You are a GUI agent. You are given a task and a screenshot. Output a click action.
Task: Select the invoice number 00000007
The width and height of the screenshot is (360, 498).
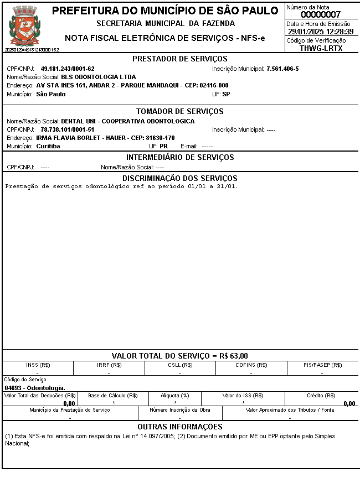click(321, 14)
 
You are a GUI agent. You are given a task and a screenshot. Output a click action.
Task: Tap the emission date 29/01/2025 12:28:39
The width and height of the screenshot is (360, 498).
click(321, 32)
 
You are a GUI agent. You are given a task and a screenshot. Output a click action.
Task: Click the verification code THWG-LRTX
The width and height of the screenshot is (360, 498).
click(321, 48)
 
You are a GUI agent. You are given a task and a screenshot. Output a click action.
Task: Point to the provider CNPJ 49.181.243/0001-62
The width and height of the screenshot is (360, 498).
click(68, 69)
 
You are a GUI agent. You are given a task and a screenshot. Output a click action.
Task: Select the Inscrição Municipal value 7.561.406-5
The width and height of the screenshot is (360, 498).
click(282, 69)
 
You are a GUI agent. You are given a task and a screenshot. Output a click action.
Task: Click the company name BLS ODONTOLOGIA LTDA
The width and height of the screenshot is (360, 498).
click(99, 77)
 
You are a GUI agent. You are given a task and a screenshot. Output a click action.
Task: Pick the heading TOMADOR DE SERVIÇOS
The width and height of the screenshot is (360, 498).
click(180, 111)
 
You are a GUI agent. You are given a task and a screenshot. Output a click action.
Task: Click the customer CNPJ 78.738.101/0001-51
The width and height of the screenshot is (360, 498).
click(68, 129)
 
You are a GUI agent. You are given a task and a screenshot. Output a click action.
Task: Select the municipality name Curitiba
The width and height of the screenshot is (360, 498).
click(48, 146)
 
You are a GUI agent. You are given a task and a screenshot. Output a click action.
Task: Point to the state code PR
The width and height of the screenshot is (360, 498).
click(163, 146)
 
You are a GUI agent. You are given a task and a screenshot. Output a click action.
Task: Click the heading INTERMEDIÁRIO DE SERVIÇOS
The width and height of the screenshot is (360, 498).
click(180, 157)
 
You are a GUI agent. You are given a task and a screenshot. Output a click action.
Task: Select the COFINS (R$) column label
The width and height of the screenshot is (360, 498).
click(251, 365)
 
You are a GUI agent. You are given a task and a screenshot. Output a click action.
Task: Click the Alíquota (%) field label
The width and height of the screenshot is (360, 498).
click(175, 396)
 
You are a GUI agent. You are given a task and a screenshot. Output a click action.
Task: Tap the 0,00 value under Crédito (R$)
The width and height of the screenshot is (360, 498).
click(349, 403)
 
